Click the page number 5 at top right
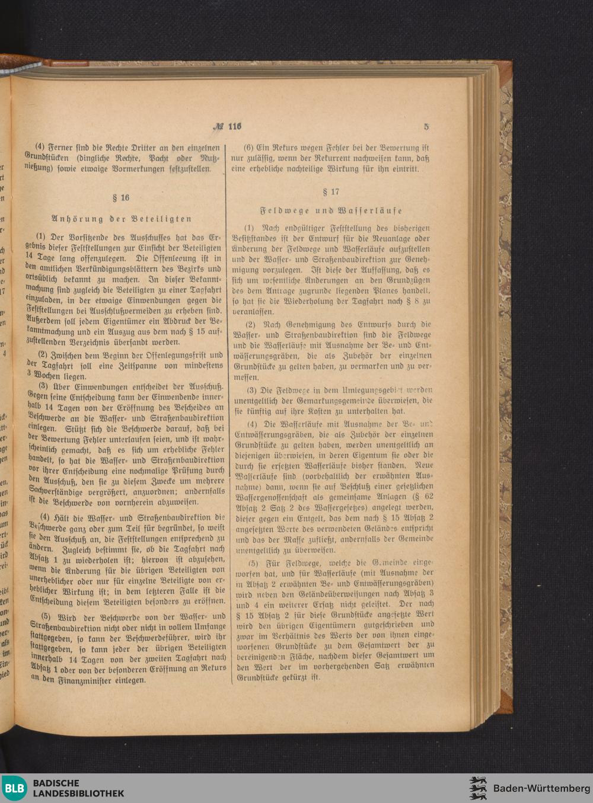click(x=426, y=126)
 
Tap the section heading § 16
click(x=121, y=197)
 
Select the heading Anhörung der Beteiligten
click(x=122, y=219)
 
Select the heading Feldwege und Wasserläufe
click(x=331, y=210)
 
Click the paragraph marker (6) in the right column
click(x=249, y=148)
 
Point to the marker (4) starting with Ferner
click(x=40, y=148)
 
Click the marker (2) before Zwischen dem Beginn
click(x=42, y=355)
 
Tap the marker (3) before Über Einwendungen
click(x=43, y=386)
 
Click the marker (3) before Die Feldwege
click(x=251, y=390)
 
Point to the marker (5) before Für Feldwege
click(x=253, y=562)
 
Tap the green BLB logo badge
click(x=14, y=788)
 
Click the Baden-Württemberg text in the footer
click(x=541, y=788)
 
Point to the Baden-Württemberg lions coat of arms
click(x=477, y=788)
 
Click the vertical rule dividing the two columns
click(x=228, y=415)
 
